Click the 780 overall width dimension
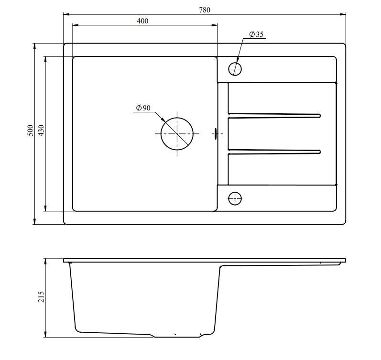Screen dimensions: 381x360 pyautogui.click(x=205, y=10)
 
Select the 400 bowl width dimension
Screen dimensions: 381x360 pyautogui.click(x=142, y=21)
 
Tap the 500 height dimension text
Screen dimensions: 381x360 pyautogui.click(x=30, y=131)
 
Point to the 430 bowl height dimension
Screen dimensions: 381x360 pyautogui.click(x=41, y=131)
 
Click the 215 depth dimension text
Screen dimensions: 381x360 pyautogui.click(x=41, y=297)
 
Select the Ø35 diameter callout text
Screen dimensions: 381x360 pyautogui.click(x=256, y=34)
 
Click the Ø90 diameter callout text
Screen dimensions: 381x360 pyautogui.click(x=143, y=108)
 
